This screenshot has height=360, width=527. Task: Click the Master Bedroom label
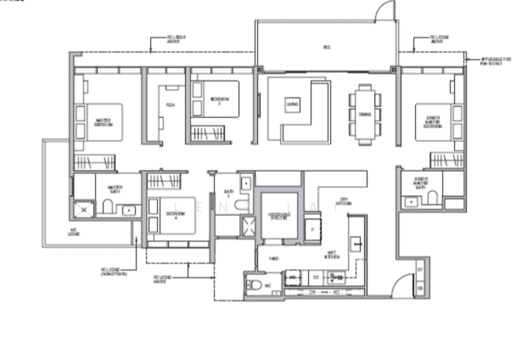click(103, 122)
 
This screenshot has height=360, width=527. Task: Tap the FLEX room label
click(170, 105)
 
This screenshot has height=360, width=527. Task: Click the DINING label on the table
click(365, 113)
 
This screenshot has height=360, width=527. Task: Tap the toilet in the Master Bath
click(107, 209)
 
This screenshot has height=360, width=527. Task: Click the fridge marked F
click(312, 229)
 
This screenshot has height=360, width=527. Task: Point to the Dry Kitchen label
click(343, 201)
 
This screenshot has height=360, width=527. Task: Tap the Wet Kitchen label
click(333, 254)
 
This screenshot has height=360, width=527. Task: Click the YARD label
click(273, 258)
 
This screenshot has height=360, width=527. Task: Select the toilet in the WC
click(254, 285)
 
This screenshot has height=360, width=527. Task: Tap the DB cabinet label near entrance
click(420, 288)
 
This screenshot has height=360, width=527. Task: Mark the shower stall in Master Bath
click(84, 210)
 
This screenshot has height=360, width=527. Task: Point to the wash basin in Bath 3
click(245, 183)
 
